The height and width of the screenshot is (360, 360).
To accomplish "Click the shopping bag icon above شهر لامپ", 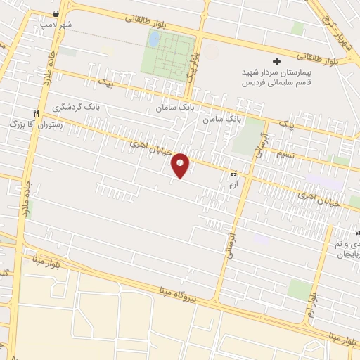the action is [x=56, y=14].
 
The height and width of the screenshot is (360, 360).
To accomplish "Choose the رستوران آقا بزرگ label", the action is [x=35, y=124].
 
